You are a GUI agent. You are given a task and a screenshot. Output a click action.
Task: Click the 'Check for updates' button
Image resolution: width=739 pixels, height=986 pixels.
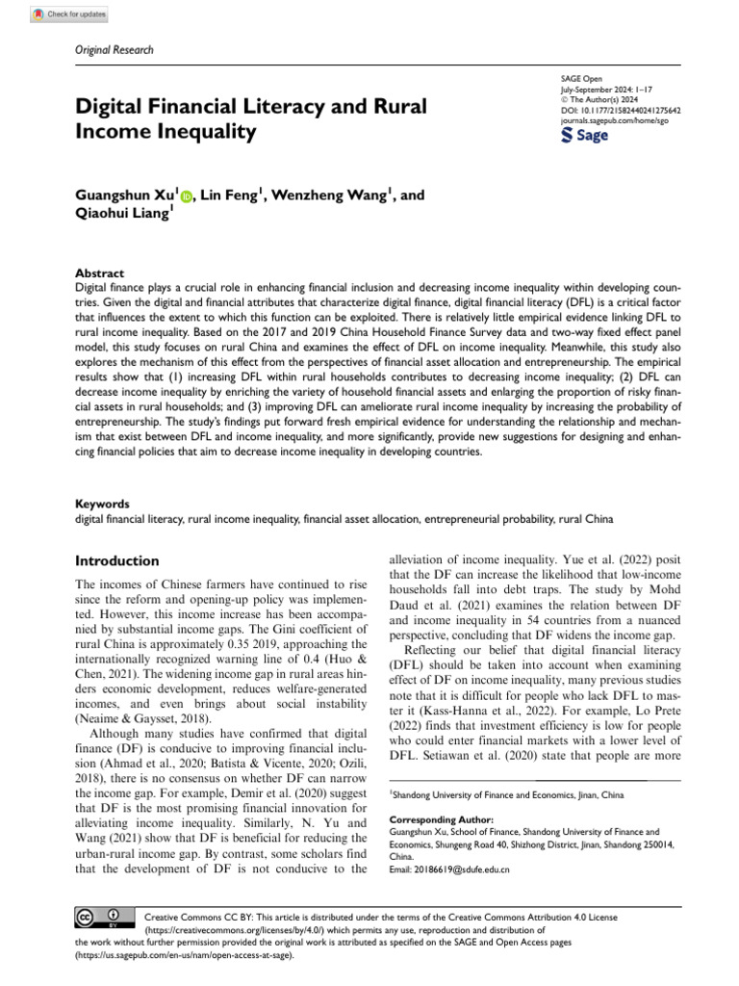pyautogui.click(x=68, y=14)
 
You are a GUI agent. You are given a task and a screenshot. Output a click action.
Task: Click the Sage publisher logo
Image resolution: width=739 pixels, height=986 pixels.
pyautogui.click(x=584, y=136)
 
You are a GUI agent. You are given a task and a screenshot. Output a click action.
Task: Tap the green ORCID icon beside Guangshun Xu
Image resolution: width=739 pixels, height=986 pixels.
pyautogui.click(x=186, y=195)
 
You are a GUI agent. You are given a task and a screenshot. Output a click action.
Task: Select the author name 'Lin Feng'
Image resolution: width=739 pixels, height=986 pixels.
pyautogui.click(x=231, y=195)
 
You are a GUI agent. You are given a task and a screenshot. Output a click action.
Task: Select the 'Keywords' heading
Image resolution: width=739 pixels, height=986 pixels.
pyautogui.click(x=102, y=504)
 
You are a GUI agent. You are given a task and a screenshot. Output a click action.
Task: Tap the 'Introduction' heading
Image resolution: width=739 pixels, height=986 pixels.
pyautogui.click(x=116, y=560)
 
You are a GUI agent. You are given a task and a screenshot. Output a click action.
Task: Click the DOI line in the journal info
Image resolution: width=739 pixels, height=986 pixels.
pyautogui.click(x=620, y=111)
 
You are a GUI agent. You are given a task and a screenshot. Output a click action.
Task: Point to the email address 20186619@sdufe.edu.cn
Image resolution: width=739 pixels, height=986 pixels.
pyautogui.click(x=449, y=869)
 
